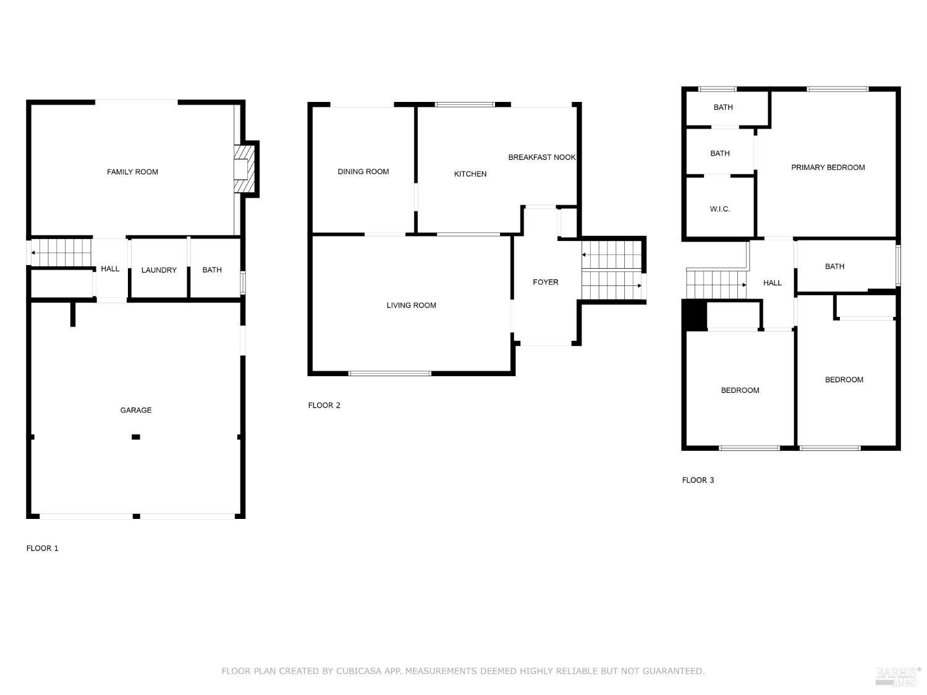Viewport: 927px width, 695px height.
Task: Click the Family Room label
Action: [x=132, y=172]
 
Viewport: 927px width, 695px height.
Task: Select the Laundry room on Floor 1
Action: [x=159, y=270]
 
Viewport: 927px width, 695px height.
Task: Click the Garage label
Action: [x=135, y=410]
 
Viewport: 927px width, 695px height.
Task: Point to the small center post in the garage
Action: [x=136, y=437]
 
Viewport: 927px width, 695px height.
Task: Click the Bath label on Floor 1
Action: [x=212, y=270]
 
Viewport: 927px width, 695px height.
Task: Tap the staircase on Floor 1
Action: [x=61, y=253]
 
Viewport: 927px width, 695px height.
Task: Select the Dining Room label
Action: [x=363, y=172]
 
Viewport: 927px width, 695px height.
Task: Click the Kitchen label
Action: [x=470, y=174]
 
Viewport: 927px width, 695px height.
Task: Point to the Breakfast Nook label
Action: [x=541, y=158]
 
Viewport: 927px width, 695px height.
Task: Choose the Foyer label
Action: [x=545, y=282]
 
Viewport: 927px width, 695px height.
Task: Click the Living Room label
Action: [x=411, y=305]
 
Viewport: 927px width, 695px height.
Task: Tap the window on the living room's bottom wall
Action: [x=390, y=373]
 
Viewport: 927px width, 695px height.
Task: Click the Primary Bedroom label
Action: [x=828, y=167]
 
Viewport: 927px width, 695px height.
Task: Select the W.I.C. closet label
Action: [x=719, y=209]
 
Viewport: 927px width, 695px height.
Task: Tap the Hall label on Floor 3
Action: [x=772, y=283]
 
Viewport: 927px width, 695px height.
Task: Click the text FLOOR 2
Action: [x=324, y=405]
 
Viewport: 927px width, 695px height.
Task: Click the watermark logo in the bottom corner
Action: [x=897, y=676]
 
